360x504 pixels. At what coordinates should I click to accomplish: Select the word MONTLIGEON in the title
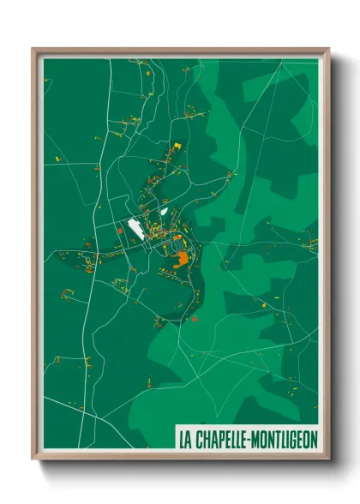pos(285,440)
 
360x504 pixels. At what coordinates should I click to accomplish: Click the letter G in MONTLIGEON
pos(293,440)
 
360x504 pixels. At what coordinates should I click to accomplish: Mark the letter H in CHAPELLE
pos(204,440)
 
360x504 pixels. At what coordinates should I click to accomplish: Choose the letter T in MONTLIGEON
pos(278,440)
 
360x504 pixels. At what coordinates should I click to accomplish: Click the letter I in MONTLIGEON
pos(287,440)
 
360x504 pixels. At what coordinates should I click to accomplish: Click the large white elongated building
pos(135,227)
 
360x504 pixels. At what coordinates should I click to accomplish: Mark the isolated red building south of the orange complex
pos(194,318)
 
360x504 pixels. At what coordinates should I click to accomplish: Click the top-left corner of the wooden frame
pos(33,49)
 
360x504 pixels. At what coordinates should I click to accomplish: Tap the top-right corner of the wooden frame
pos(329,49)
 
